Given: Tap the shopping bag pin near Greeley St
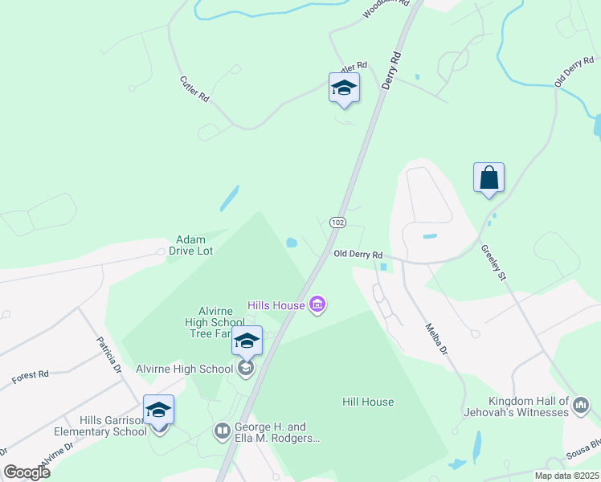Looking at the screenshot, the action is tap(489, 178).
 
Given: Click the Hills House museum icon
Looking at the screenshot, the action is tap(317, 304).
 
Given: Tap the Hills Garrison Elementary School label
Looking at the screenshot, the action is tap(113, 426).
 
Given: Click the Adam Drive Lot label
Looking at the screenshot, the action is tap(191, 245).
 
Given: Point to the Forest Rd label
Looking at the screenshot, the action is tap(31, 375).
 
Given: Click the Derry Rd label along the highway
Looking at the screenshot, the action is tap(392, 71).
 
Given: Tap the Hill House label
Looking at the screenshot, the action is tap(368, 402).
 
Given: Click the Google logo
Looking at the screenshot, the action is tap(27, 472).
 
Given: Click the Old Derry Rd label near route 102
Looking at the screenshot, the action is tap(363, 255).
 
